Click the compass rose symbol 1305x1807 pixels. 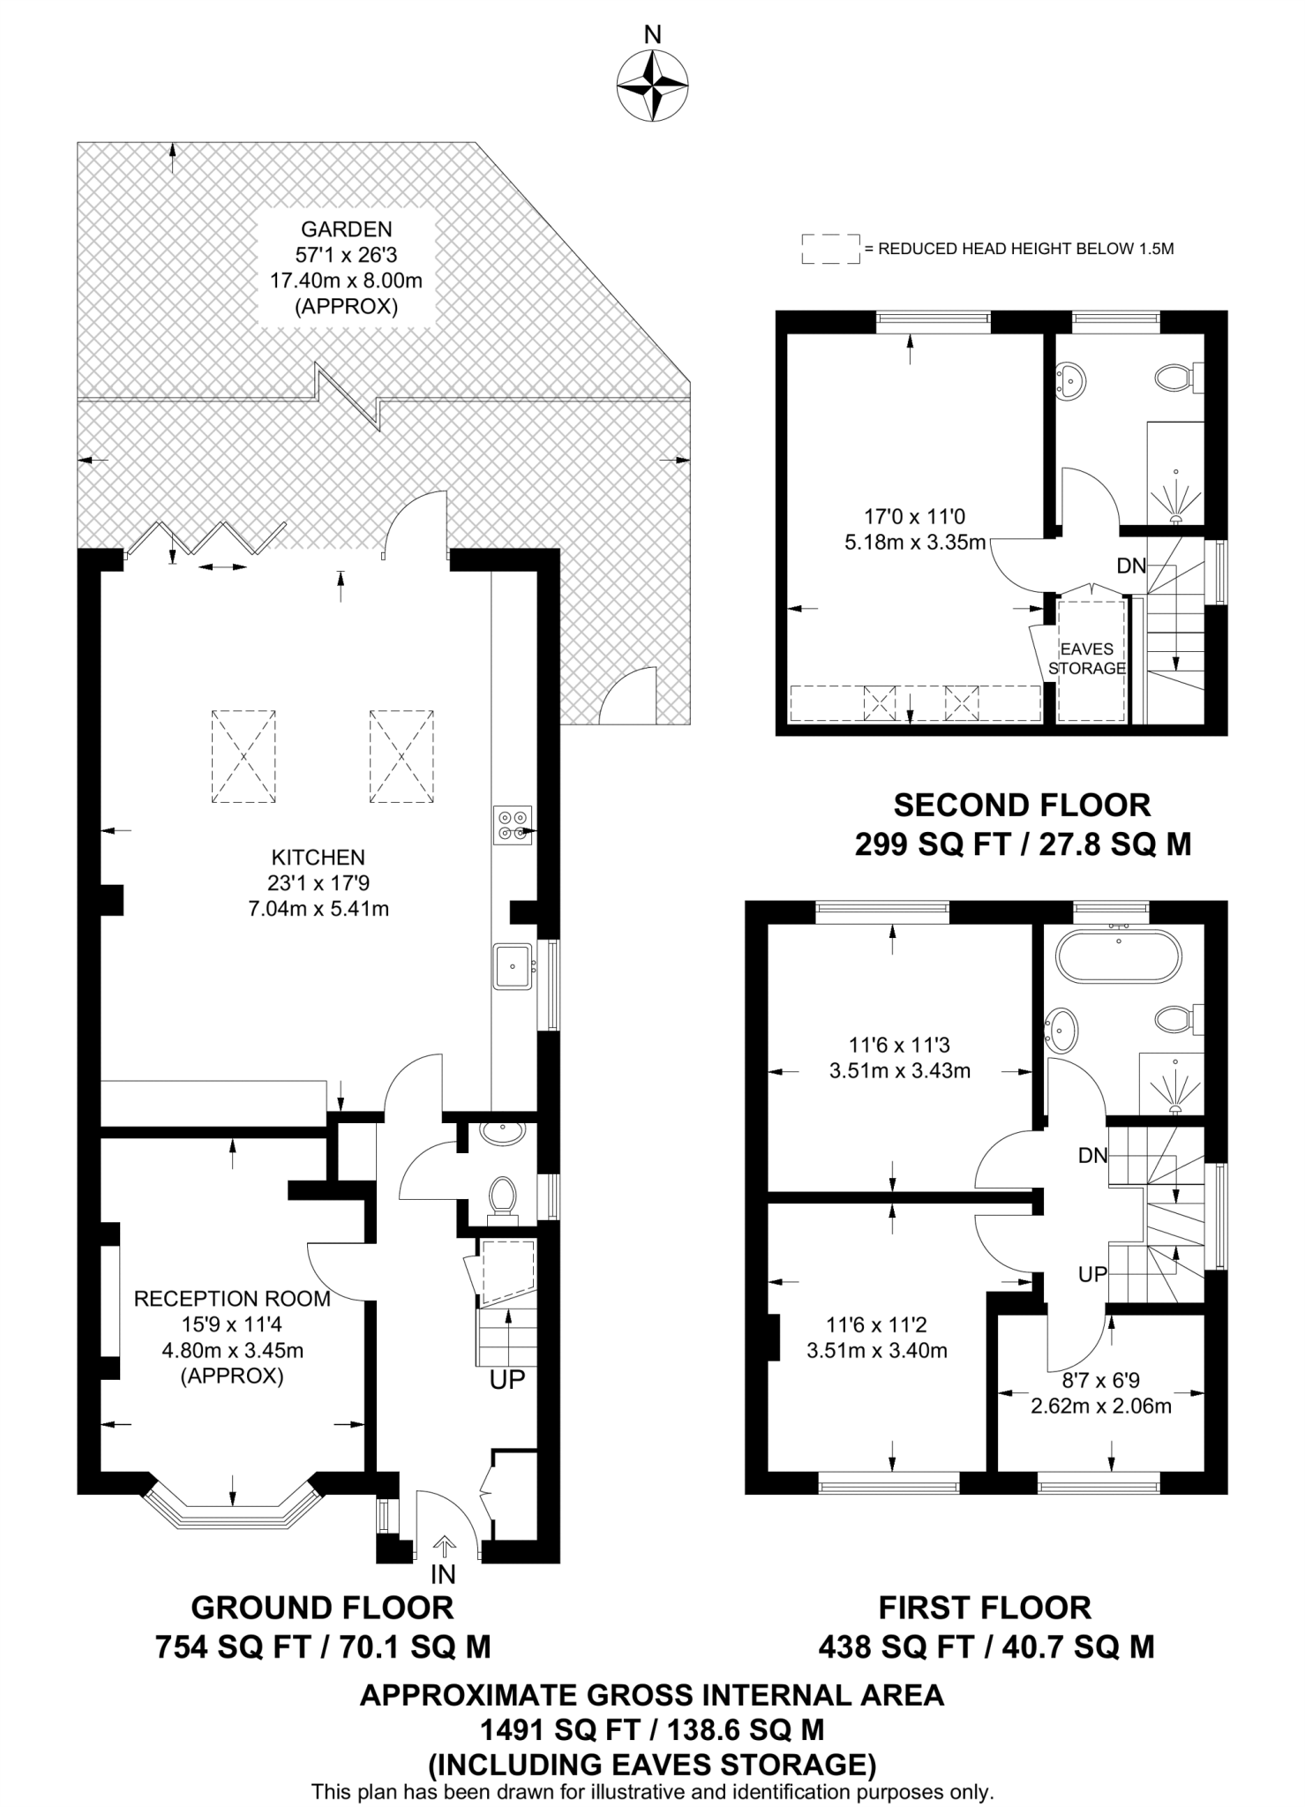tap(652, 86)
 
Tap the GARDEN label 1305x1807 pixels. tap(346, 229)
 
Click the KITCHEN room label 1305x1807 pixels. tap(318, 857)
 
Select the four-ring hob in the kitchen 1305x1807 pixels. tap(513, 826)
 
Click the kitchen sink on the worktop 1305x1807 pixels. tap(513, 965)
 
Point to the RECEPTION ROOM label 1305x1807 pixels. tap(232, 1299)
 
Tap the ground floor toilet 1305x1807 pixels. tap(503, 1196)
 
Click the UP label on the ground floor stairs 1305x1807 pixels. tap(507, 1380)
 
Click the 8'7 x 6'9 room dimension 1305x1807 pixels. tap(1100, 1381)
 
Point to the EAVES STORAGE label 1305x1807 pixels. tap(1087, 658)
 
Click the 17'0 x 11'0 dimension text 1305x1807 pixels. tap(914, 516)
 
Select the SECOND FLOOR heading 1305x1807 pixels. tap(1022, 805)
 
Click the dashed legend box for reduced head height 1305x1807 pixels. tap(829, 249)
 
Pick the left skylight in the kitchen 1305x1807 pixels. tap(244, 756)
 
